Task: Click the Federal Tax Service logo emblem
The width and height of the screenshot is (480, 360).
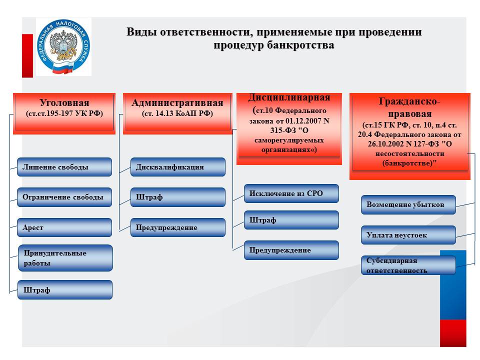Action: (x=63, y=47)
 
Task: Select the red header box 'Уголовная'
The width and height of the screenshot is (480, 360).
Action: (x=64, y=112)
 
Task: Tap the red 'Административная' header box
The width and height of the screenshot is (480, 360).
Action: (x=177, y=112)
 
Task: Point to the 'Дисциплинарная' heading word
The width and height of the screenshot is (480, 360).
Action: (x=289, y=97)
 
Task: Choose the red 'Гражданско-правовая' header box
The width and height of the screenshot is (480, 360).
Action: (x=409, y=134)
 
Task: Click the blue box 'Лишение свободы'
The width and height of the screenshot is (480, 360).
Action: (x=64, y=167)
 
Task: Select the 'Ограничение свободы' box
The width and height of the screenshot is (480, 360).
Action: (x=64, y=197)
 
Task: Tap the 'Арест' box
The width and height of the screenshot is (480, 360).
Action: (x=64, y=227)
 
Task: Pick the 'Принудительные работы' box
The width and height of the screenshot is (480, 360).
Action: (x=65, y=258)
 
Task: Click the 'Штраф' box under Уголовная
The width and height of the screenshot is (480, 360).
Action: (x=64, y=290)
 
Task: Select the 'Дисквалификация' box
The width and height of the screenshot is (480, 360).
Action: (x=177, y=167)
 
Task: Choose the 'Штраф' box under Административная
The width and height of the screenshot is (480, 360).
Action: (x=177, y=197)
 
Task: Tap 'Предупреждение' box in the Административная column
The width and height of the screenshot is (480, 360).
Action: (x=177, y=227)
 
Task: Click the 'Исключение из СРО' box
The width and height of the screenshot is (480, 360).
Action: (x=291, y=193)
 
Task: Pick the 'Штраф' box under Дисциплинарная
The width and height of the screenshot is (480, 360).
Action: (x=291, y=220)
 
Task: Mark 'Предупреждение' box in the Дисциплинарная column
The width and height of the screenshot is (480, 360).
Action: (x=291, y=250)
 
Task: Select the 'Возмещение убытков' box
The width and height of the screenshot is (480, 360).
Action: (x=408, y=204)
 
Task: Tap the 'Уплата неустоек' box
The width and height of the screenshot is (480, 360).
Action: (x=408, y=235)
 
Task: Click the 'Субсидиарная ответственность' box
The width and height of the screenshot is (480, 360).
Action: (x=408, y=265)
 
